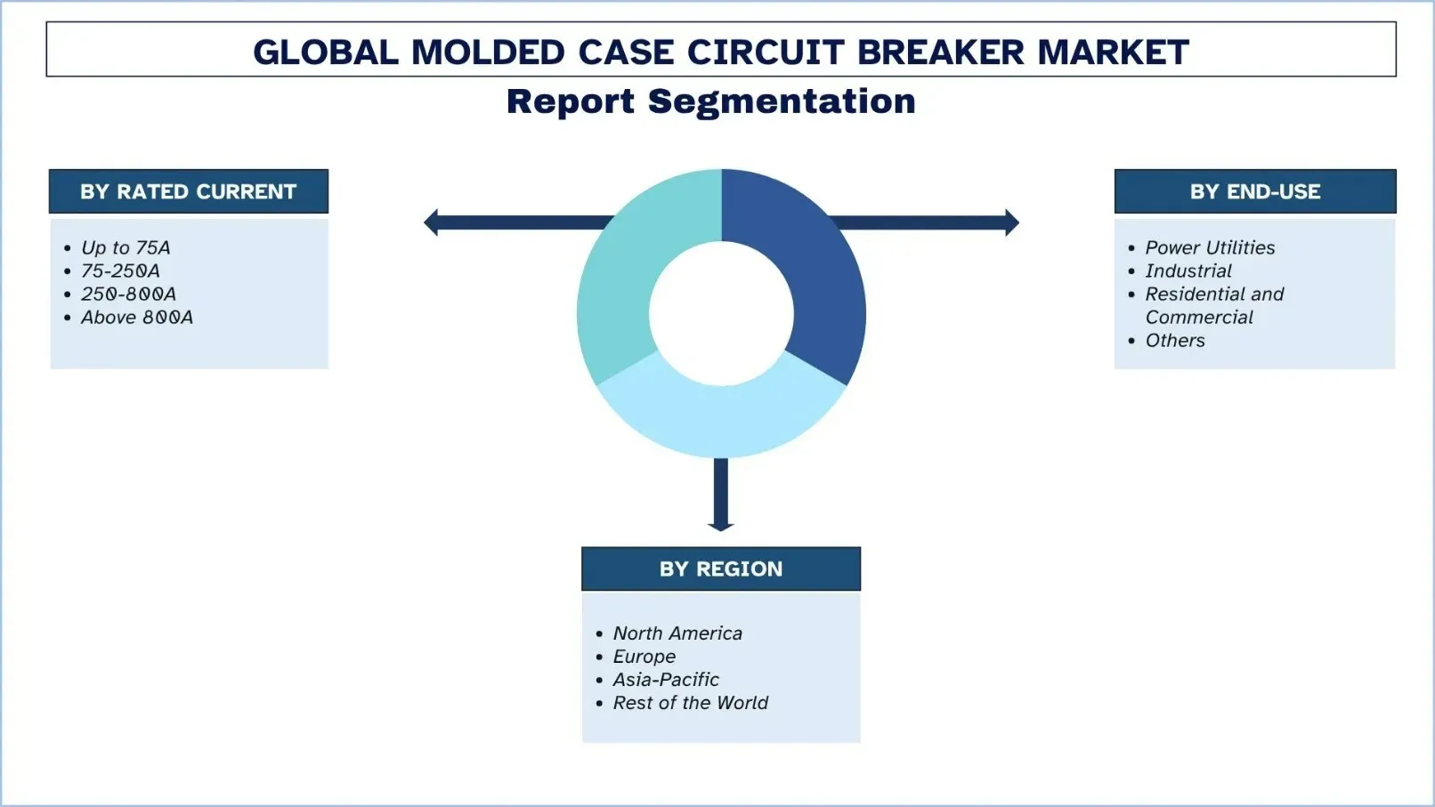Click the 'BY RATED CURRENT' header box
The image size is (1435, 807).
tap(188, 191)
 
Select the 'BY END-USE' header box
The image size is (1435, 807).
tap(1254, 191)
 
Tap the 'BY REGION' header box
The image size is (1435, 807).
tap(720, 569)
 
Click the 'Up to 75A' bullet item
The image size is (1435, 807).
tap(126, 247)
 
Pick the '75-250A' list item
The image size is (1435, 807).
tap(120, 270)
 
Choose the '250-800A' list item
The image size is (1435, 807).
tap(128, 294)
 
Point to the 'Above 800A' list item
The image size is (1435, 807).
tap(136, 317)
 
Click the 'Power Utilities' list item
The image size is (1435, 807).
tap(1209, 247)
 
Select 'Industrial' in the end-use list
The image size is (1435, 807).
tap(1188, 270)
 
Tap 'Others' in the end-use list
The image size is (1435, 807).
tap(1174, 340)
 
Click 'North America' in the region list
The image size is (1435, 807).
tap(677, 633)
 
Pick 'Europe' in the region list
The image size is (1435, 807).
tap(644, 656)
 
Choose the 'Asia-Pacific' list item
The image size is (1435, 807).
tap(665, 679)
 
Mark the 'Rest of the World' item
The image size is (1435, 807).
tap(690, 702)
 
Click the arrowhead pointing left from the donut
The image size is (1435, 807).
tap(432, 222)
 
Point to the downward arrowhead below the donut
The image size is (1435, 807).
tap(720, 524)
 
